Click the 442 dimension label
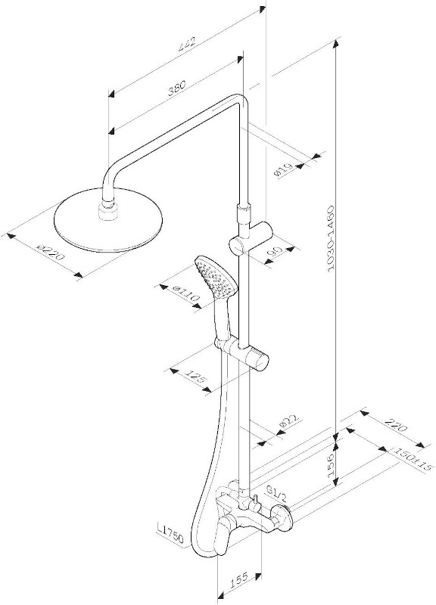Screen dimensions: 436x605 coord(188,45)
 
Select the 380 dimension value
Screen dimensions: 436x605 coord(177,88)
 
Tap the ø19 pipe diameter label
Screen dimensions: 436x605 coord(283,170)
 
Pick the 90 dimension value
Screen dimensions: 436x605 coord(276,251)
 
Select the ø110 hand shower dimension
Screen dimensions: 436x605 coord(185,293)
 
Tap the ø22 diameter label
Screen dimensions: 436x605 coord(289,424)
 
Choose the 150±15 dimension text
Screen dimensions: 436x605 coord(410,459)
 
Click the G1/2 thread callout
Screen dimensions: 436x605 coord(277,493)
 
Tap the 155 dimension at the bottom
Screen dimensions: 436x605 coord(238,581)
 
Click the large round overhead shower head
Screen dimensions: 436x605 coord(109,220)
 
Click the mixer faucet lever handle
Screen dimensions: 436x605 coord(223,538)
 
